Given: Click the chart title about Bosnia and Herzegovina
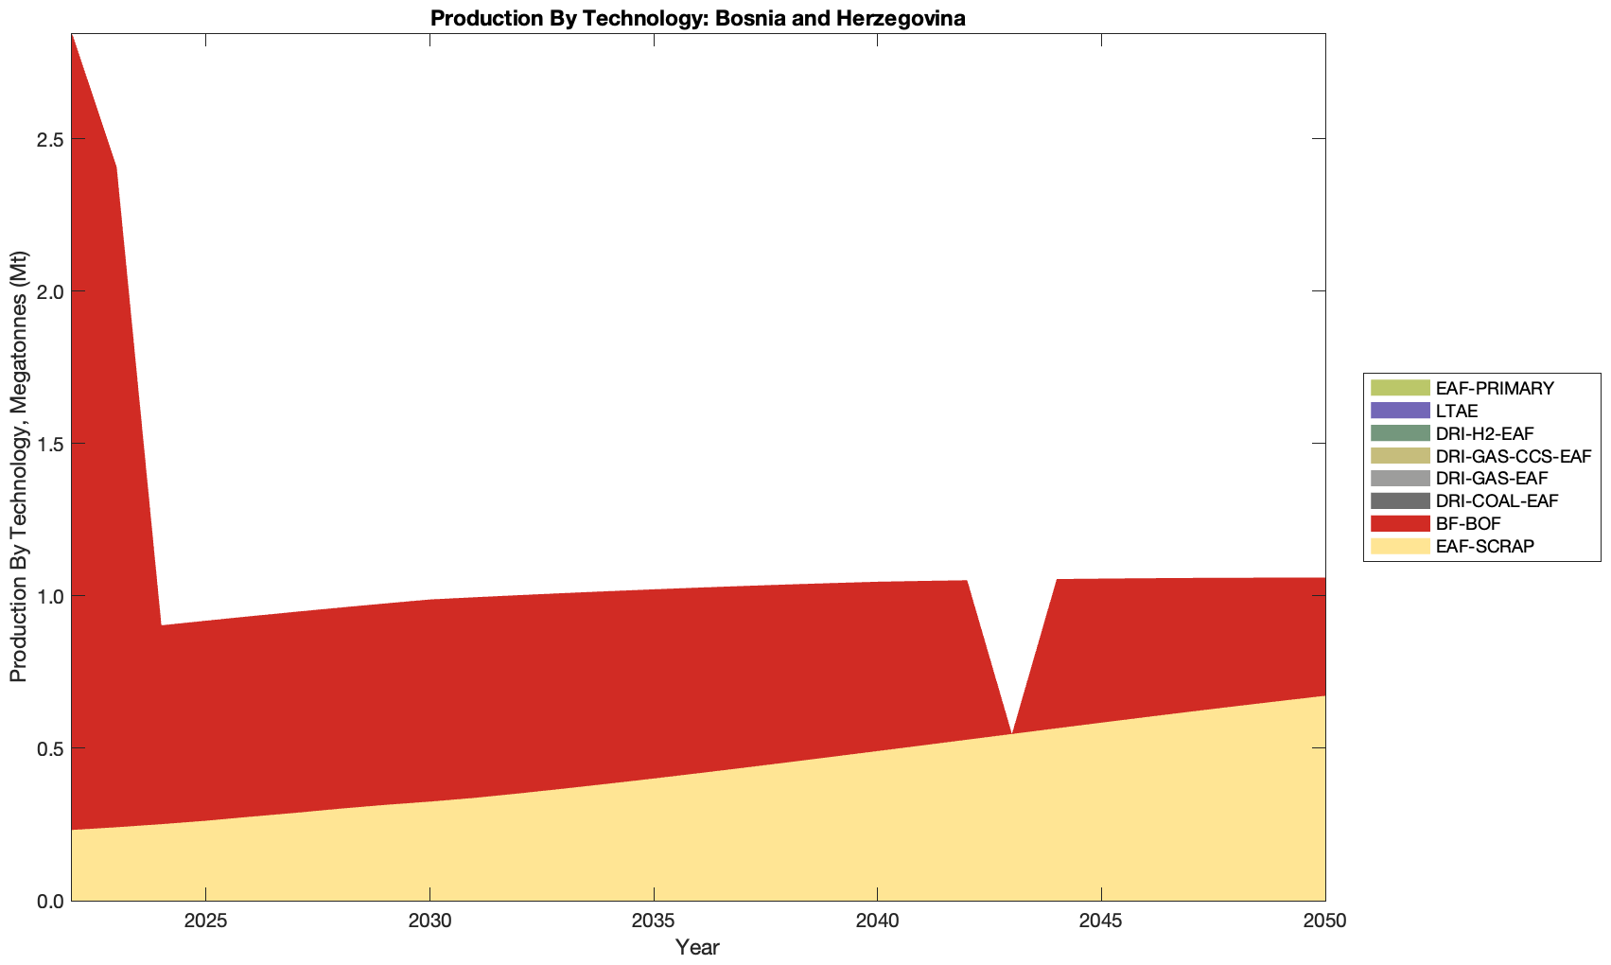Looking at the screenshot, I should click(697, 18).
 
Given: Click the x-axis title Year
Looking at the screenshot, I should click(697, 947).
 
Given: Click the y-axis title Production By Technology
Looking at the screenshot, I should click(18, 466).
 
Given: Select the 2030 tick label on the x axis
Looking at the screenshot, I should click(429, 921).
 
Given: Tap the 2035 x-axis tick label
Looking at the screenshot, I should click(653, 921).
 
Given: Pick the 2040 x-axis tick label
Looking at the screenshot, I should click(877, 921).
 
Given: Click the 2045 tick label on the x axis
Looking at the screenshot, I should click(1101, 921).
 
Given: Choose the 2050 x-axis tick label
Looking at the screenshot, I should click(1324, 921).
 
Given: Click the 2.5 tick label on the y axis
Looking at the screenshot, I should click(49, 139).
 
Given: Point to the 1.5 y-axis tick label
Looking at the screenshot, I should click(49, 444).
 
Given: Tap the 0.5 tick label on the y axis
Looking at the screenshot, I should click(49, 748).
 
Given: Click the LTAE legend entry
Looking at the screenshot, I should click(1456, 411).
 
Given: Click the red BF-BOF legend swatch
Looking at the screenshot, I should click(1399, 523).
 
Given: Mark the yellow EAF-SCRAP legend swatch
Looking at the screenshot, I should click(1399, 546).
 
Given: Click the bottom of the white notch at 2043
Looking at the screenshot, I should click(1011, 729).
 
